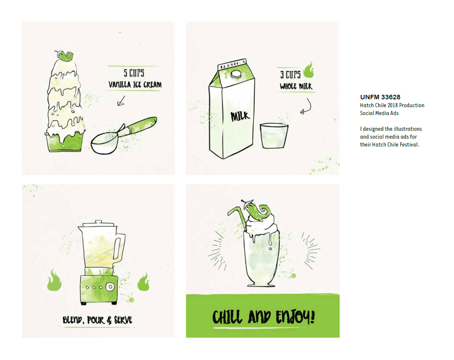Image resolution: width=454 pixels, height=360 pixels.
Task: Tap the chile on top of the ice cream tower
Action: [65, 56]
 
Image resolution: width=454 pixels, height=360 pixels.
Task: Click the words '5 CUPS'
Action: [134, 73]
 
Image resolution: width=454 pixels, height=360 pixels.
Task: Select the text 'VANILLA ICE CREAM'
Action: [135, 84]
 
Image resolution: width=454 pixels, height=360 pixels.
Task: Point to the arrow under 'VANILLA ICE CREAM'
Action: [121, 101]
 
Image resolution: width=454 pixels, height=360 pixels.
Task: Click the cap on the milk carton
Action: [236, 74]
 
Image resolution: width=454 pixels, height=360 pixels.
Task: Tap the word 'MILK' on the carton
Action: [240, 116]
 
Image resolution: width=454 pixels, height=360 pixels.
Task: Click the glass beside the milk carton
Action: [274, 136]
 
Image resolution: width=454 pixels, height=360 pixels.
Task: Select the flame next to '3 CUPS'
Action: [309, 70]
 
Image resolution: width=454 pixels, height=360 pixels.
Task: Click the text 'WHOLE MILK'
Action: [296, 86]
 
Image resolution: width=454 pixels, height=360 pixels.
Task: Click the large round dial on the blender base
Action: [110, 287]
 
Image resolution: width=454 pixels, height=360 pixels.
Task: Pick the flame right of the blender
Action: [144, 282]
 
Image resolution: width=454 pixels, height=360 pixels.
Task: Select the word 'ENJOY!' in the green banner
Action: [295, 317]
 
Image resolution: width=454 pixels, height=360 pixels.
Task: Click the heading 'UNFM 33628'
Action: [380, 97]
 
